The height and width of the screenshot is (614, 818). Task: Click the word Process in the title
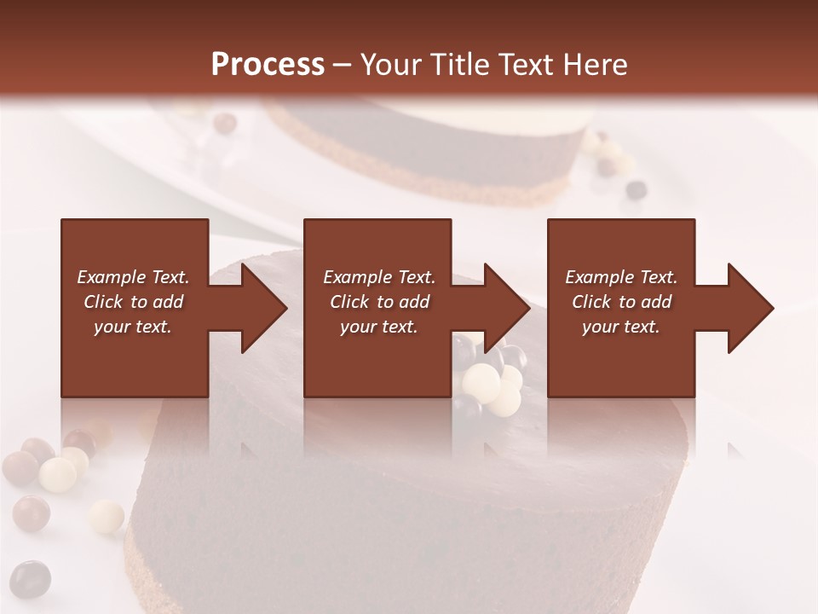[268, 65]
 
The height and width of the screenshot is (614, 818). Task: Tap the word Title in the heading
[459, 65]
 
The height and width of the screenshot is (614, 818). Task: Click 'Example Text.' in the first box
[134, 277]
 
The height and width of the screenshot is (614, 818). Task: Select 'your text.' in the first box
[134, 327]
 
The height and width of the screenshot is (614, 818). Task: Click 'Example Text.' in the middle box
[379, 277]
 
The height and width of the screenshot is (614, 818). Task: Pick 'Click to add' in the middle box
[379, 302]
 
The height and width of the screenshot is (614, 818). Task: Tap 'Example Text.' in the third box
[621, 277]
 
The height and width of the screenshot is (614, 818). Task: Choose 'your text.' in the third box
[621, 327]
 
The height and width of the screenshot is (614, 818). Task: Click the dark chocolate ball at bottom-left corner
[30, 579]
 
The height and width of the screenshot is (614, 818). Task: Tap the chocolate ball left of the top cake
[225, 124]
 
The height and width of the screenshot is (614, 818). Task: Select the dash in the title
[343, 65]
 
